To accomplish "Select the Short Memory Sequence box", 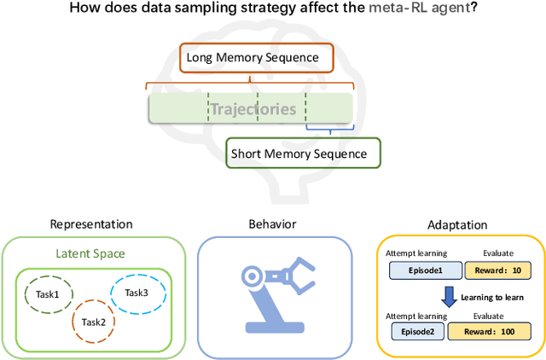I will click(x=303, y=154).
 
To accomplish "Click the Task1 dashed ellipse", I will click(x=47, y=294).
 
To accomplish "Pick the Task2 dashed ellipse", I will click(x=93, y=322).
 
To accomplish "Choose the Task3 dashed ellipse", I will click(x=136, y=292).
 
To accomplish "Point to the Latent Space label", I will click(x=91, y=253).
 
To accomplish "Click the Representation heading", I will click(x=91, y=224).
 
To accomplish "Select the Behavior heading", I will click(x=274, y=224).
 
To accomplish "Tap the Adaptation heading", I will click(x=456, y=225).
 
